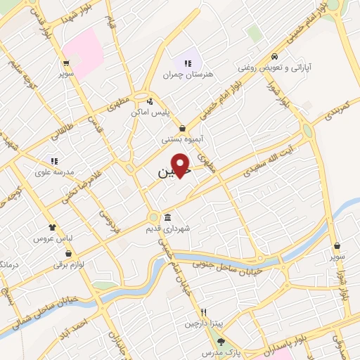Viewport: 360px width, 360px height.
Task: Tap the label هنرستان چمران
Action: [x=187, y=74]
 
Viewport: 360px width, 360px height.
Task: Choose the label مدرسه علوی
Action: [x=54, y=172]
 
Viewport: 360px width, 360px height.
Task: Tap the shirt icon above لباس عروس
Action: [x=52, y=227]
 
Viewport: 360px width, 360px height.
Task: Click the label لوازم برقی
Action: [x=69, y=264]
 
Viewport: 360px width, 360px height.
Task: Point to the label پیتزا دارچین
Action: [x=202, y=323]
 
